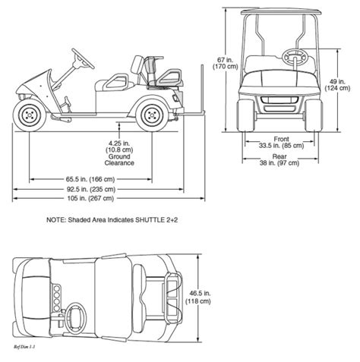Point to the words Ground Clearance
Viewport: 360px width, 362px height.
click(x=119, y=159)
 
